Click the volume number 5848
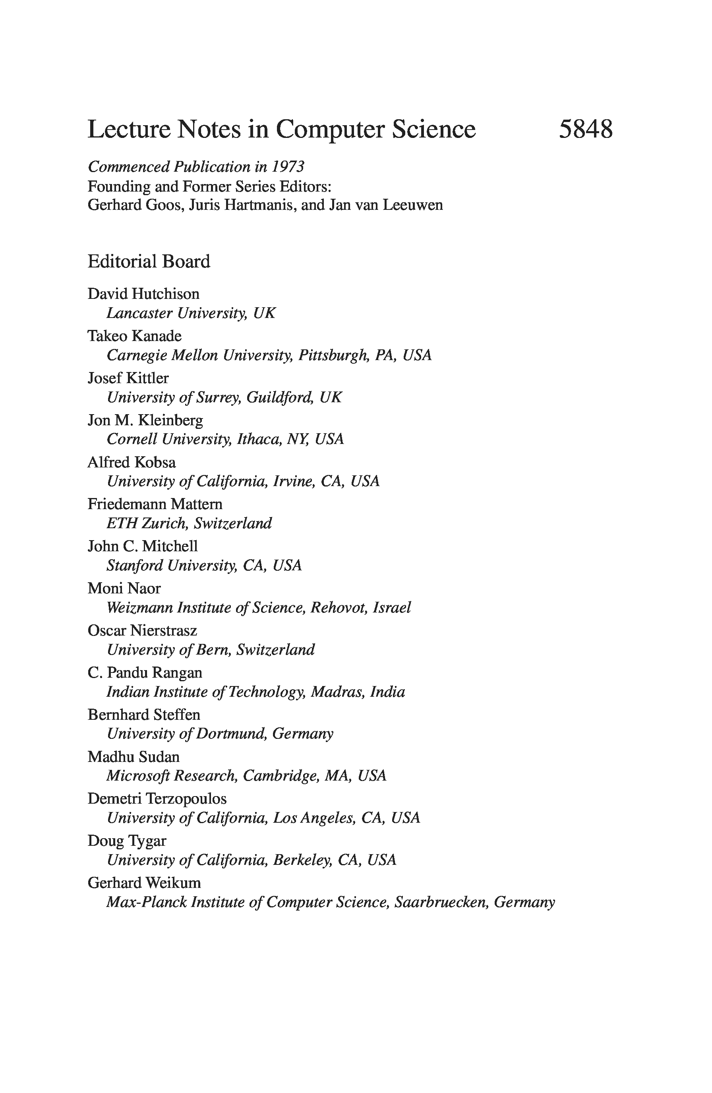pos(585,129)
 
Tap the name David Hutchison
pos(143,294)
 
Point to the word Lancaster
pos(139,313)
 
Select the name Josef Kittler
pos(128,378)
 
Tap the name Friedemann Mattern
pos(155,504)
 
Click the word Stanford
pos(135,565)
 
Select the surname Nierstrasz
pos(163,630)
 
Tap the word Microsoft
pos(138,776)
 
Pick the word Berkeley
pos(302,860)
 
